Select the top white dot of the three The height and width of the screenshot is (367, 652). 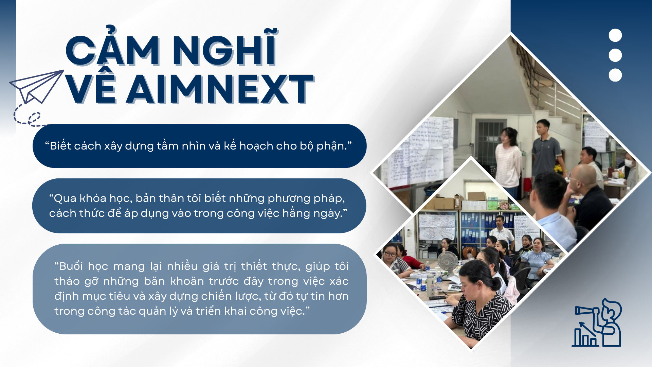click(615, 35)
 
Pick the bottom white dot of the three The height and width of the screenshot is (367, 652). click(615, 75)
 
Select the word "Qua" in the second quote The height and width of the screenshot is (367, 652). click(65, 198)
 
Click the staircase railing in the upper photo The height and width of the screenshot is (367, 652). click(557, 99)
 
